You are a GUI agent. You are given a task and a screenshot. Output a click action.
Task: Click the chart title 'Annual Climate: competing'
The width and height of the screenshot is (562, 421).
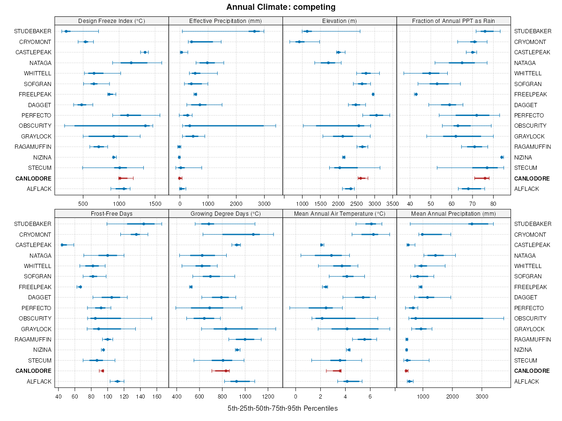point(281,7)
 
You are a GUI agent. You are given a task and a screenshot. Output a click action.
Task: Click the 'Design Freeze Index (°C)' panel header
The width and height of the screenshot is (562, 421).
point(111,21)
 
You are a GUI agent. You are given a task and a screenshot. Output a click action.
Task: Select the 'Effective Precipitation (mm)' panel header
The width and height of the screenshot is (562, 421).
point(225,21)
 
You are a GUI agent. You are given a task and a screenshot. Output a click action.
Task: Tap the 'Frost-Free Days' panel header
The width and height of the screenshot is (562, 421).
point(111,213)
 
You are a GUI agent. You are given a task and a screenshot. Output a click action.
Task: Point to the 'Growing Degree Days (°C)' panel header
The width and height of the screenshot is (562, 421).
point(225,213)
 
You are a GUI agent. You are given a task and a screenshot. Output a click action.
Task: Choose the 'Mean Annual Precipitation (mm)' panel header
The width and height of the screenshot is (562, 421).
point(453,213)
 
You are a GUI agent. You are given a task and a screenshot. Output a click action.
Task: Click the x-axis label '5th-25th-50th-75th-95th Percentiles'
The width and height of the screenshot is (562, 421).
point(282,408)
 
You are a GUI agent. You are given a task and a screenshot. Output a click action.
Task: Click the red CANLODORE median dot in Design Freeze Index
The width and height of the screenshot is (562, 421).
point(120,178)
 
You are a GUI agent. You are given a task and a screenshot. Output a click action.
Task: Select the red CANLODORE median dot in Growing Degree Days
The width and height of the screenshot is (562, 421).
point(226,371)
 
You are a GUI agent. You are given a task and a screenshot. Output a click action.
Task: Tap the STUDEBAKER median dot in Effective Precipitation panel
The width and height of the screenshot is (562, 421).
point(254,31)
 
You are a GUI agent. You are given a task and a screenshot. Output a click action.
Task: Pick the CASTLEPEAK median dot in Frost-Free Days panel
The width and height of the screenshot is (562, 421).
point(62,245)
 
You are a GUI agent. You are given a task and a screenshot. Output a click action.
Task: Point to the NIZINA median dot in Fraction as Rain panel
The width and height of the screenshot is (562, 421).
point(502,157)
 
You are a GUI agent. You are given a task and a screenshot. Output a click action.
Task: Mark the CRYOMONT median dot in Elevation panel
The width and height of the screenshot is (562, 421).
point(299,42)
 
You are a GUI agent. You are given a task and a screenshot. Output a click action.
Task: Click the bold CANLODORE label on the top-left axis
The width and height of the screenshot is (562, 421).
point(33,178)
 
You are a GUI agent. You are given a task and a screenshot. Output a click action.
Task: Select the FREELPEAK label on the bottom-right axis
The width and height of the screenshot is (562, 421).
point(530,287)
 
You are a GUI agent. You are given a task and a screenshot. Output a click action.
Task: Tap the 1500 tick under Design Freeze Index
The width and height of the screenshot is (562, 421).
point(155,203)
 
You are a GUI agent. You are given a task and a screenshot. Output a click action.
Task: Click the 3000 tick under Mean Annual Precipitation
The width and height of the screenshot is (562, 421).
point(482,396)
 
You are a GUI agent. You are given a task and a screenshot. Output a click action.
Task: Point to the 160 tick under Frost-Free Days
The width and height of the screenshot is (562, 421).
point(157,396)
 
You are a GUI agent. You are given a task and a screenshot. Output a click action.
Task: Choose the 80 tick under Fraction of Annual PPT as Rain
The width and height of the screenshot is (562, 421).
point(493,203)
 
